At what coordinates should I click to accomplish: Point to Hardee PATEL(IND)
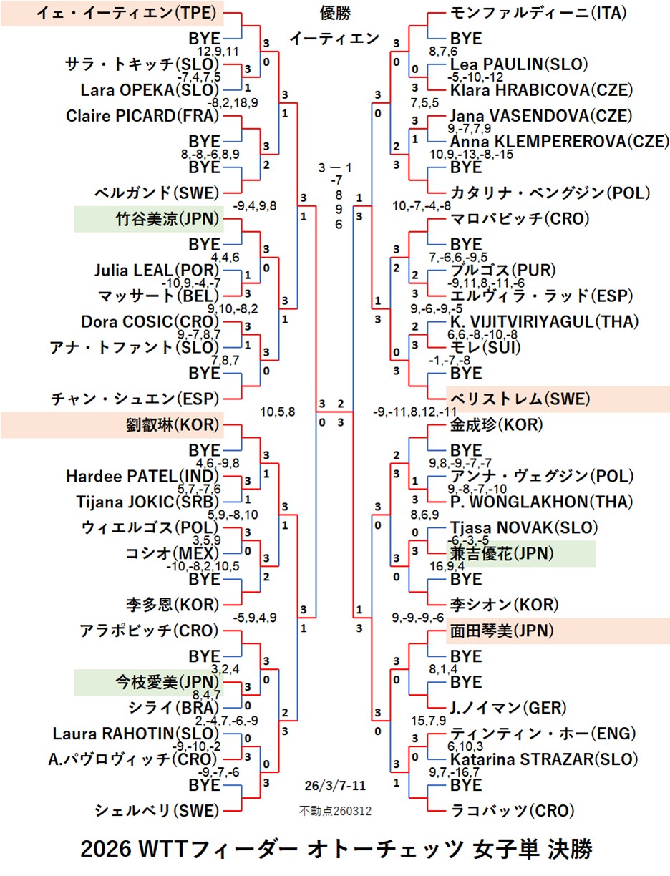141,476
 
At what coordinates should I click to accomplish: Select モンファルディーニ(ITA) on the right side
539,12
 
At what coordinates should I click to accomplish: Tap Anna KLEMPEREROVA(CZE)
559,141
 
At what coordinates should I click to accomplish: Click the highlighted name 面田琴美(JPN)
502,631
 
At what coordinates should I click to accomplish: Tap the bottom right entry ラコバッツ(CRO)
512,811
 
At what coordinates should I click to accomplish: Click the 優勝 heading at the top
336,13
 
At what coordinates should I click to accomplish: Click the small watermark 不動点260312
335,811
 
